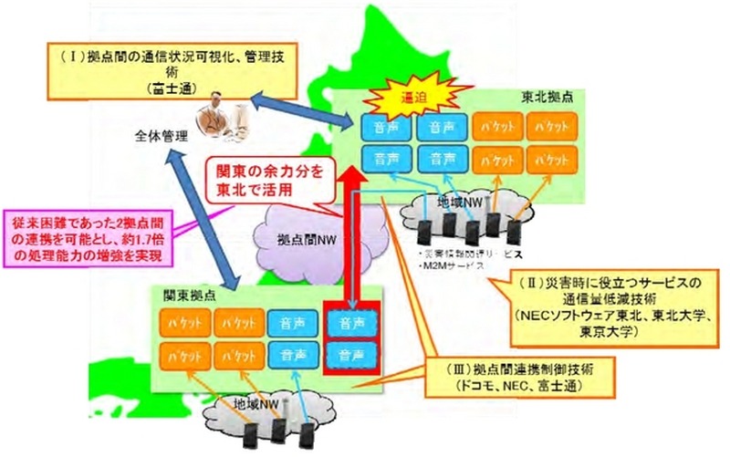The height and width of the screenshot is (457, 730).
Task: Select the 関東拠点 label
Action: pos(185,295)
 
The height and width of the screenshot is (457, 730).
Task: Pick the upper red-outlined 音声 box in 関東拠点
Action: pos(352,323)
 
